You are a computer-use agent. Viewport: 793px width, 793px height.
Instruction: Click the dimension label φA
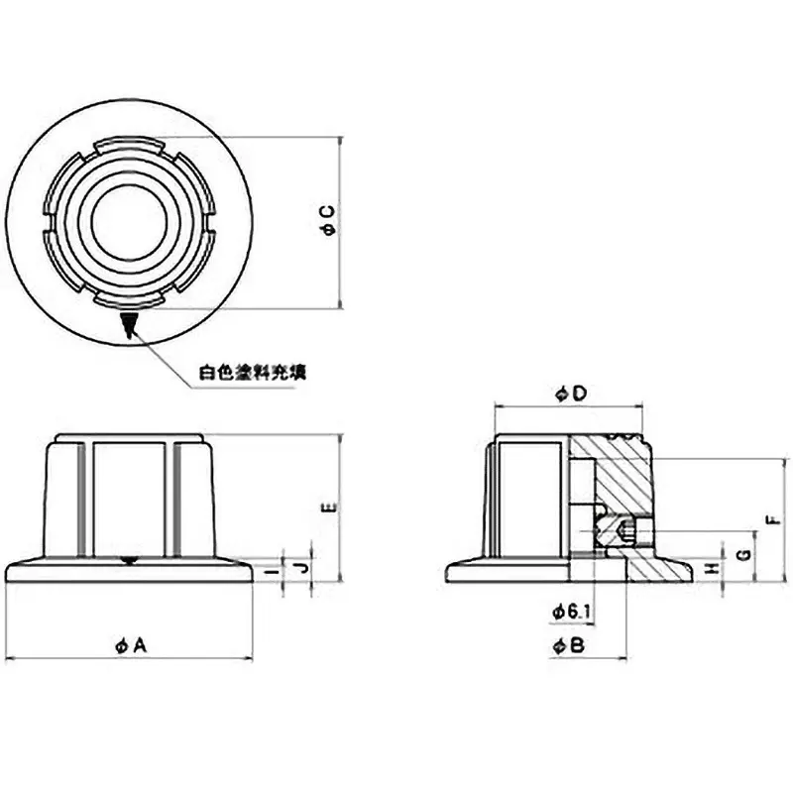[130, 645]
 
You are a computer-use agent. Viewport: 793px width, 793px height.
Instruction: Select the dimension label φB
[569, 645]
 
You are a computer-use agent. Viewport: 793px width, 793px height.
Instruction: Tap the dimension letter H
[710, 568]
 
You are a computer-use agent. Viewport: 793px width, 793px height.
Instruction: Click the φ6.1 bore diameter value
[571, 614]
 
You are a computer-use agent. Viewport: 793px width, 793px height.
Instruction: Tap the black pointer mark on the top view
[128, 325]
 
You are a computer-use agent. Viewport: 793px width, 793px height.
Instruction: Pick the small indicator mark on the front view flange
[128, 562]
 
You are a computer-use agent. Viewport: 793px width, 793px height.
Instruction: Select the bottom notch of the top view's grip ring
[128, 299]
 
